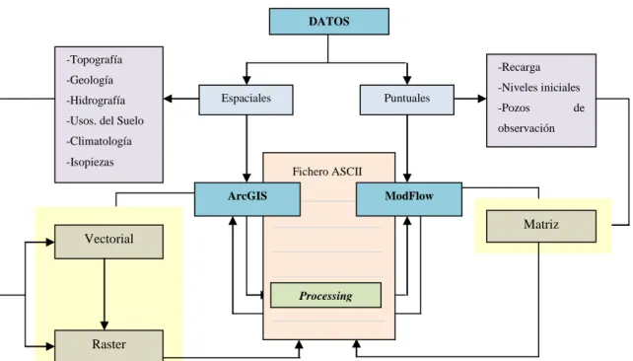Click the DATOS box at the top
[x=329, y=22]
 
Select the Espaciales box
[x=246, y=100]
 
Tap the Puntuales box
[x=407, y=100]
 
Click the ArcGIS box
[x=247, y=199]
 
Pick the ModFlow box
[x=409, y=199]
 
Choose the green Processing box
[x=325, y=295]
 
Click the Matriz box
[x=541, y=226]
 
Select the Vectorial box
[x=109, y=242]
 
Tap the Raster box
[x=109, y=345]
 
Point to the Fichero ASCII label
[x=327, y=172]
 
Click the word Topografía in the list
[x=95, y=60]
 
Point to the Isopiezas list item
[x=90, y=163]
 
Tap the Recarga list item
[x=520, y=67]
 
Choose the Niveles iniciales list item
[x=539, y=88]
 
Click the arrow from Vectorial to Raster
[x=105, y=294]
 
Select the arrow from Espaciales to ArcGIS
[x=246, y=149]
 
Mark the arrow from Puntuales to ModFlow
[x=407, y=149]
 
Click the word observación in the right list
[x=526, y=128]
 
